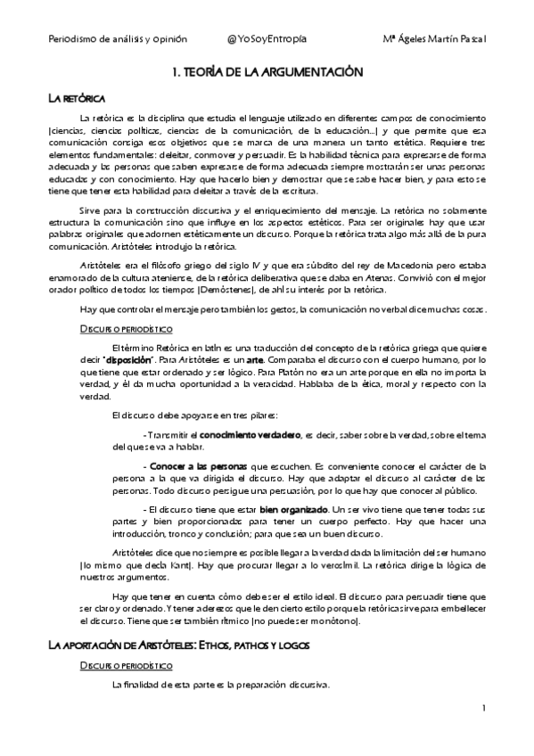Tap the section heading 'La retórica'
coord(77,97)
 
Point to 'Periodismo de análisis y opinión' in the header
coord(109,40)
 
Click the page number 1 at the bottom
coord(482,708)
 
